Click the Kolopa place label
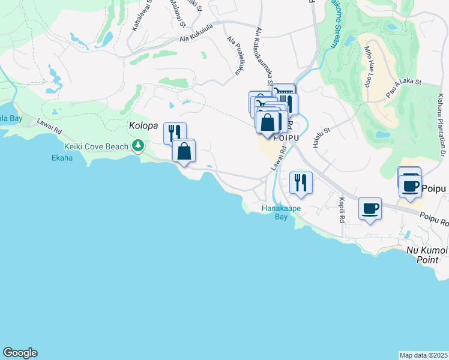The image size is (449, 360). click(143, 127)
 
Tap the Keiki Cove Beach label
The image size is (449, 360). click(96, 146)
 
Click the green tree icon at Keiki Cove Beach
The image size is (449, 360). click(138, 145)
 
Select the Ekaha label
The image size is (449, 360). click(62, 158)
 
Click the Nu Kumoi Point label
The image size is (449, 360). click(427, 255)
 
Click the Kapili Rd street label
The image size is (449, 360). click(342, 210)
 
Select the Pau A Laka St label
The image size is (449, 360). click(405, 89)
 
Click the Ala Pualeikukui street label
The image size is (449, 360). click(235, 56)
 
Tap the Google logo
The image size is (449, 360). click(20, 353)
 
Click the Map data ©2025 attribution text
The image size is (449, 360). click(423, 355)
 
